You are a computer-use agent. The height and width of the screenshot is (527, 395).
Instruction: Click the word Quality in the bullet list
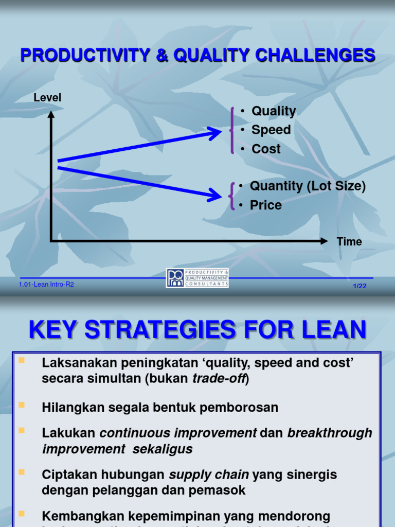point(273,111)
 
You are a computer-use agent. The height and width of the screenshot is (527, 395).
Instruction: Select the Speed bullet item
point(271,130)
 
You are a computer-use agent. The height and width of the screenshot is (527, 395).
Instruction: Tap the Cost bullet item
point(266,149)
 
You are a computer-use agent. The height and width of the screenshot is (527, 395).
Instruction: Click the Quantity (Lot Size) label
point(308,186)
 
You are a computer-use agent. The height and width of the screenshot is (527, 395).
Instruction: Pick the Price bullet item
point(265,205)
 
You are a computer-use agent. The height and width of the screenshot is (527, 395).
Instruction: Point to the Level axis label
point(47,97)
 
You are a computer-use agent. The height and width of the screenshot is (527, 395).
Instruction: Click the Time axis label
point(349,241)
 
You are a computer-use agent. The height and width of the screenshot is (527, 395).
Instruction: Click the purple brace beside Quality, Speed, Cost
point(232,130)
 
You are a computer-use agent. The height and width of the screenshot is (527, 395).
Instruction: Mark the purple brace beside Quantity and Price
point(232,196)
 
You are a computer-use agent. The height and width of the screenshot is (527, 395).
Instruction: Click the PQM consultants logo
point(197,278)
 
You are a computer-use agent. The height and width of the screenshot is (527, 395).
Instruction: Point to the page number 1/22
point(360,286)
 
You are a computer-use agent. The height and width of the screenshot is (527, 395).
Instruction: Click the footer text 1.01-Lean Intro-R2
point(46,284)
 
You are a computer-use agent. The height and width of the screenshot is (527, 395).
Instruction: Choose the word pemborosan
point(243,408)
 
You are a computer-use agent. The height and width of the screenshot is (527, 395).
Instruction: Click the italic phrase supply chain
point(202,474)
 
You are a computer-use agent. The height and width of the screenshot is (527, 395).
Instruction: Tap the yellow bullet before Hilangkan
point(22,405)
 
